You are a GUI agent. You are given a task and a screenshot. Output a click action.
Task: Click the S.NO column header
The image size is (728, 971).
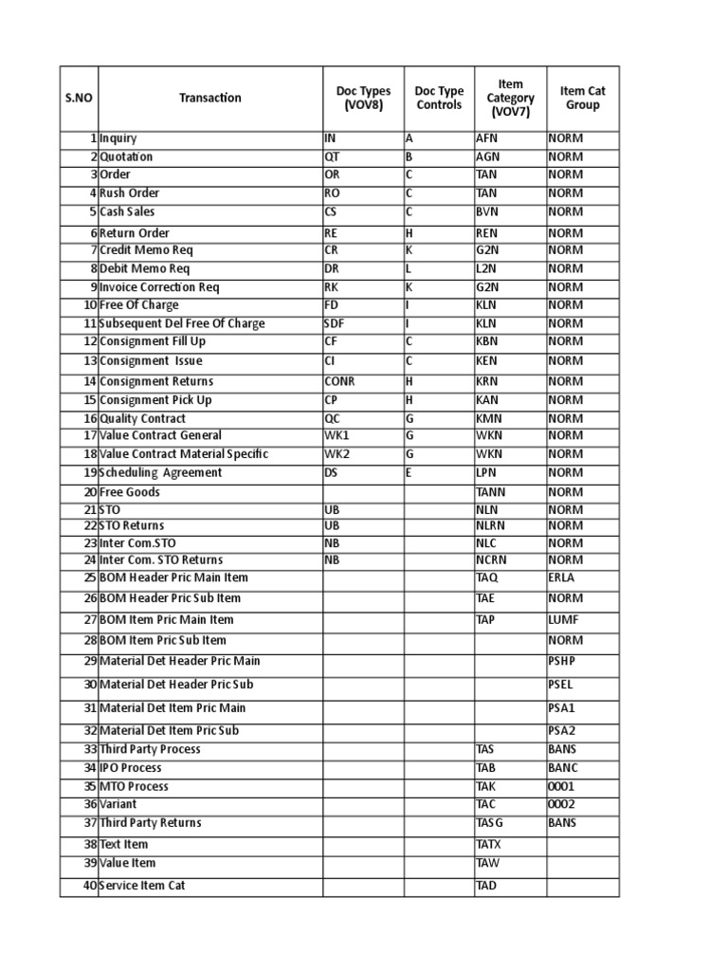pos(79,98)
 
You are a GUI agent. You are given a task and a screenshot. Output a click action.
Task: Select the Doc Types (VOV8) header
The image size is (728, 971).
pos(363,98)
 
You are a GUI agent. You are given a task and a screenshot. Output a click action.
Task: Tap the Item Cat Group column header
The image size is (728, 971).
pos(582,98)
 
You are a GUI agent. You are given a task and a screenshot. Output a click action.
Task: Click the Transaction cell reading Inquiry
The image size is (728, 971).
pos(118,138)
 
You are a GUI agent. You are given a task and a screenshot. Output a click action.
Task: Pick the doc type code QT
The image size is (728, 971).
pos(332,156)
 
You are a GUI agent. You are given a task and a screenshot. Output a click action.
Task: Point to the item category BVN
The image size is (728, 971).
pos(487,211)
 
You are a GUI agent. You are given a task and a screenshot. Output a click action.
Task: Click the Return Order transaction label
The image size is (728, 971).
pos(135,232)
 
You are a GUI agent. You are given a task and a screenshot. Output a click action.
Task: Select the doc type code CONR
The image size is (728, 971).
pos(339,381)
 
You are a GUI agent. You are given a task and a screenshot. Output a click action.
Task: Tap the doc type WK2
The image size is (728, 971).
pos(337,453)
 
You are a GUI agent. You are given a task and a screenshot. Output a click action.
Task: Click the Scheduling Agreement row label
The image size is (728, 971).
pos(160,472)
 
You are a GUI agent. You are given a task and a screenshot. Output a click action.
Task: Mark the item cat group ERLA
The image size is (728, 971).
pos(562,577)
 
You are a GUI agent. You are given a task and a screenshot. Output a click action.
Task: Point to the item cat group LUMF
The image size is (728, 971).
pos(563,619)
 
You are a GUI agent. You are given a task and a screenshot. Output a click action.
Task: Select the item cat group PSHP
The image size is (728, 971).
pos(562,660)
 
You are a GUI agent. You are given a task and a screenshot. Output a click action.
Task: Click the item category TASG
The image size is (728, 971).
pos(489,822)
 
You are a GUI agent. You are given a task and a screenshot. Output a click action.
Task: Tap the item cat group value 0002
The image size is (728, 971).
pos(561,804)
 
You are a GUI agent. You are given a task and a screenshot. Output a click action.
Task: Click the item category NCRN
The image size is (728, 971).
pos(491,559)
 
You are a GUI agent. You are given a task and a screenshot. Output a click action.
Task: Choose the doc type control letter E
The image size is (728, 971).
pos(409,472)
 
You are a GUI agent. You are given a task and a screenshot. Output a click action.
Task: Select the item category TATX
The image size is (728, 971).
pos(488,844)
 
